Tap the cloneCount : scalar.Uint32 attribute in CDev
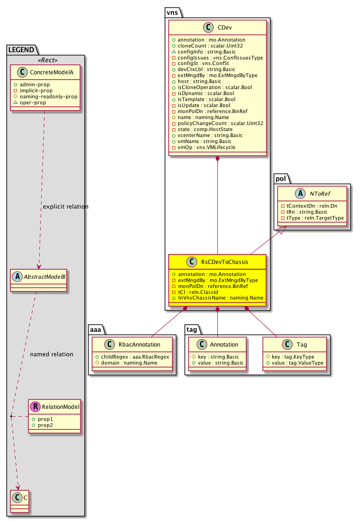[x=208, y=46]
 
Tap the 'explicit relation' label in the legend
[x=65, y=206]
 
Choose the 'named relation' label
[x=51, y=354]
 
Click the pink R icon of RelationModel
[x=36, y=407]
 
